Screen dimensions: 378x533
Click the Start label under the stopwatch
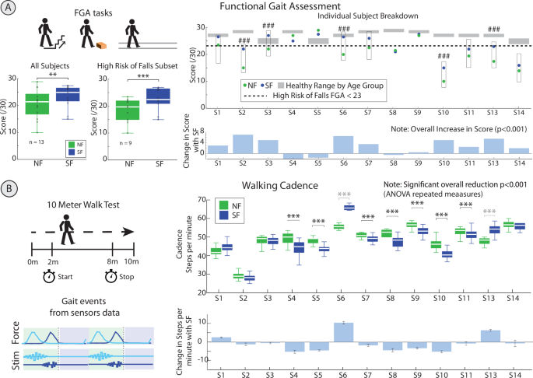65,275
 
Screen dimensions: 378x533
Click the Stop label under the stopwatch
124,275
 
